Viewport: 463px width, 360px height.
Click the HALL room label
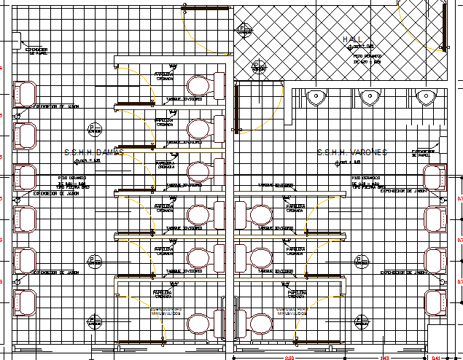tap(353, 39)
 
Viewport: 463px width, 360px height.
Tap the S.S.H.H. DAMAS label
tap(93, 152)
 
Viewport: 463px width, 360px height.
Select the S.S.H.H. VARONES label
tap(352, 152)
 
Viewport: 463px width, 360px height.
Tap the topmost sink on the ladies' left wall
tap(25, 93)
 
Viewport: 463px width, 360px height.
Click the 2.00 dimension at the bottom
tap(289, 357)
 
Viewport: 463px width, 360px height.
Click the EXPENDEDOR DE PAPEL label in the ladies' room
tap(36, 51)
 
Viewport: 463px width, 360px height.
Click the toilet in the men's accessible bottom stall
tap(260, 324)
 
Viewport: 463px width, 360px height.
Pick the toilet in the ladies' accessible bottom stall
tap(199, 324)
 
